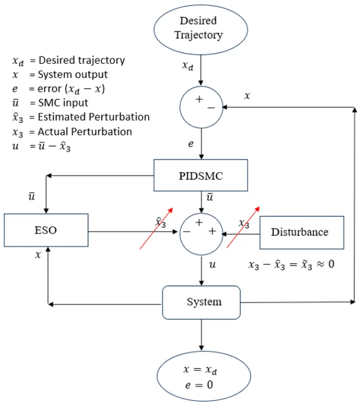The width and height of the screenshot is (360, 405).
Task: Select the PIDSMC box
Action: (x=201, y=175)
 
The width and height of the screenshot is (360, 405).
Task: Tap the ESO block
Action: (x=46, y=230)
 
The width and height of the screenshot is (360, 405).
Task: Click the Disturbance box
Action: (x=302, y=232)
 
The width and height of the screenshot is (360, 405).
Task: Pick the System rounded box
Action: (x=201, y=303)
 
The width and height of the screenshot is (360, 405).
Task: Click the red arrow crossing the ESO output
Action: (x=156, y=228)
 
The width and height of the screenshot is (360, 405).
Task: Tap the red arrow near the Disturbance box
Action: (x=243, y=228)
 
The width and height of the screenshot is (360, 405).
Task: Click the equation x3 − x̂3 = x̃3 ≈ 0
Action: (x=292, y=265)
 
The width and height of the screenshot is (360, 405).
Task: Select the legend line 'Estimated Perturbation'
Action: (x=81, y=117)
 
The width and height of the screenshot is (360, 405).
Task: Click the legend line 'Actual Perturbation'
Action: (x=72, y=132)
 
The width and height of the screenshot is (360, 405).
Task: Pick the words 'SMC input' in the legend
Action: (x=63, y=103)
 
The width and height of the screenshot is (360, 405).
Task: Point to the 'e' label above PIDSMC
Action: (x=190, y=144)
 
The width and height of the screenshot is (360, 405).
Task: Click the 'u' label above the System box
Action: (x=212, y=264)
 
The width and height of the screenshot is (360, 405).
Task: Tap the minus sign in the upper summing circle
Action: (x=211, y=108)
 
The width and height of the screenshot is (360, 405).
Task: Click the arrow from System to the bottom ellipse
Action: (x=201, y=335)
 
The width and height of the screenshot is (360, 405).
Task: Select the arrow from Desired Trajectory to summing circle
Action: (x=201, y=70)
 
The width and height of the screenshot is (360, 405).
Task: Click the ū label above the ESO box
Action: (x=32, y=197)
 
